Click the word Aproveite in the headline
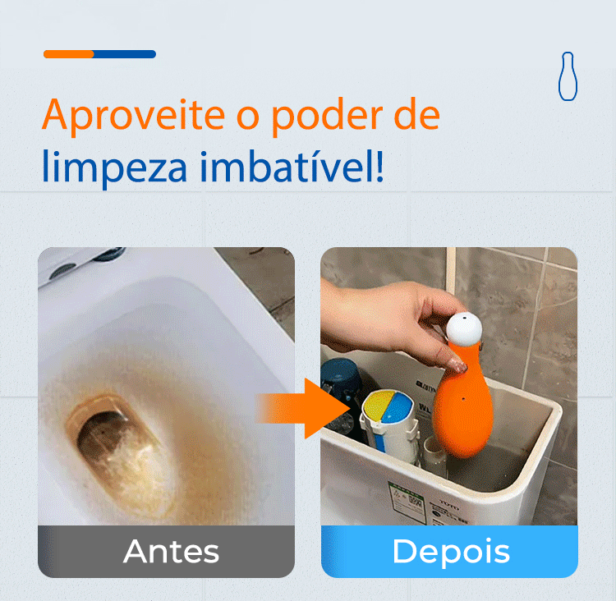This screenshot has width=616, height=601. coord(133,115)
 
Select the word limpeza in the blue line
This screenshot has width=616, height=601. coord(114,166)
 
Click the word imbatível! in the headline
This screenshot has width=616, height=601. coord(292,166)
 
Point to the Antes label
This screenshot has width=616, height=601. coord(171,551)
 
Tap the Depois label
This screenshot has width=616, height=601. coord(451,552)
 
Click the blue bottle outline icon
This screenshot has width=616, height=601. coord(568,76)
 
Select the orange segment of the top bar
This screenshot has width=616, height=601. coord(69,54)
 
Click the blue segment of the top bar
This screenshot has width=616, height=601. coord(125,54)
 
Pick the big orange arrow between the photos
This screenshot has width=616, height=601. coord(302,409)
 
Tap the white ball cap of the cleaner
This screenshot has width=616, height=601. coord(464,328)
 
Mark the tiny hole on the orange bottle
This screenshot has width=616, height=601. coord(463,399)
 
